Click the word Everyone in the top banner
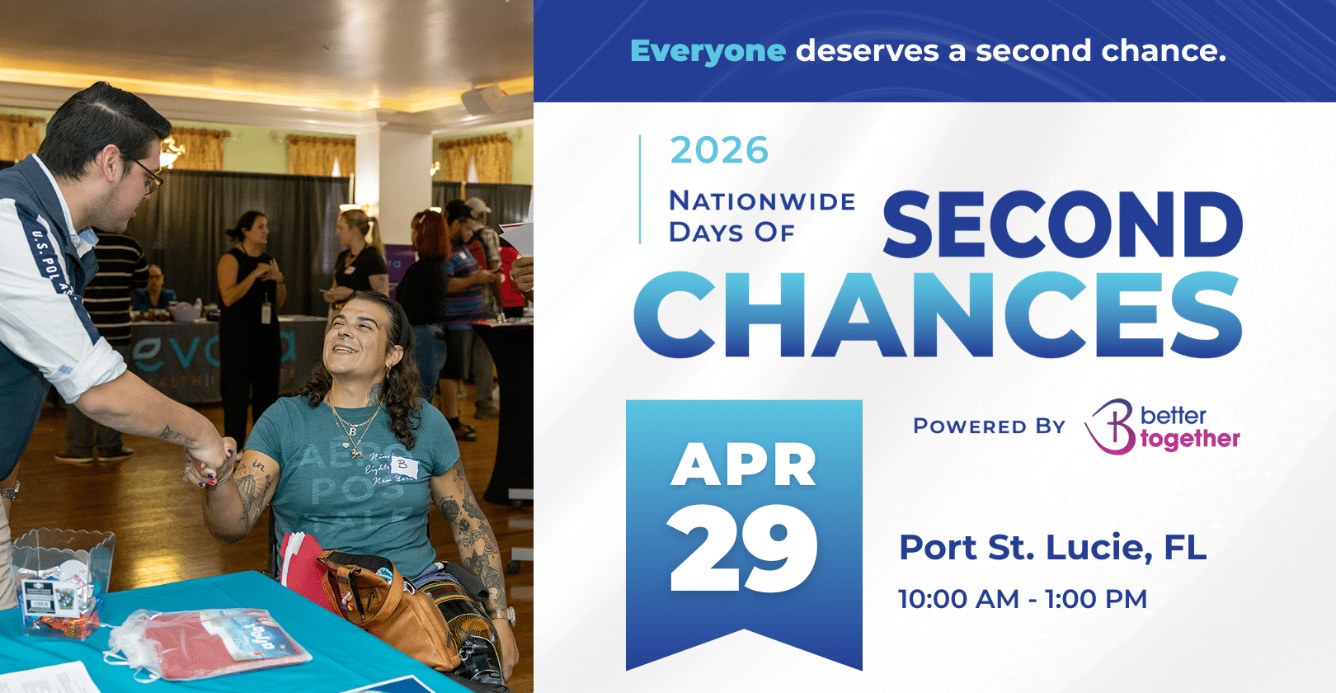coord(708,51)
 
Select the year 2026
coord(719,151)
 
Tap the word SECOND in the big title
coord(1062,224)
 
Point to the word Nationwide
coord(762,201)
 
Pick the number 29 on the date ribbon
coord(743,548)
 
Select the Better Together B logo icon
coord(1111,427)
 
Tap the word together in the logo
coord(1190,439)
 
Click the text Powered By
coord(989,427)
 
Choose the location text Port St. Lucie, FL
coord(1052,548)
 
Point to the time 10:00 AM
coord(958,599)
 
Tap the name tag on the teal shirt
coord(404,468)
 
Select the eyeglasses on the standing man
coord(148,175)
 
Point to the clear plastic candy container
coord(62,577)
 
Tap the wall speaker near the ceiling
coord(482,99)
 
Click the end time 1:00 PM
coord(1096,599)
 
